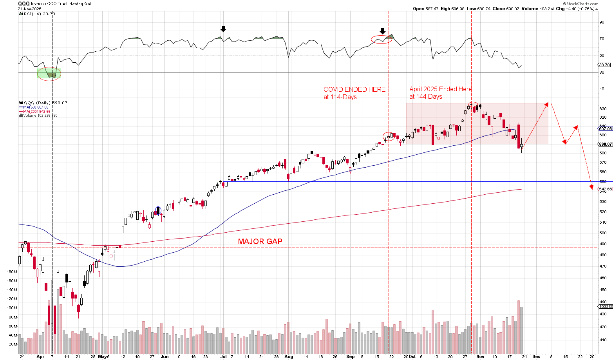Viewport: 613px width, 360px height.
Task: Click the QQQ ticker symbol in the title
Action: coord(24,4)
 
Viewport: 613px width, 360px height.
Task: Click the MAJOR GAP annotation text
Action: coord(260,242)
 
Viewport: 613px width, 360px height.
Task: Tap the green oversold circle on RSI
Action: coord(49,74)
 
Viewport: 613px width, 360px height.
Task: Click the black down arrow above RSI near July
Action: coord(223,29)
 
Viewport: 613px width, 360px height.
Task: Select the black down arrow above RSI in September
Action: coord(383,31)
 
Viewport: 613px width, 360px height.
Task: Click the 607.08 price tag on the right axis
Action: coord(606,128)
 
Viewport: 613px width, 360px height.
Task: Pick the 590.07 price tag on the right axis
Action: coord(606,144)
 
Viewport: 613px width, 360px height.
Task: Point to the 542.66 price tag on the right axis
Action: coord(606,189)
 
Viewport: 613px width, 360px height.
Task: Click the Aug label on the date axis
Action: coord(289,357)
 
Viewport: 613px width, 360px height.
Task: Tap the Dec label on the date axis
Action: coord(536,357)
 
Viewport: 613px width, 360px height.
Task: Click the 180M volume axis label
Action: coord(12,272)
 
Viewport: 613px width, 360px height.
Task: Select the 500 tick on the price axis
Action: coord(603,233)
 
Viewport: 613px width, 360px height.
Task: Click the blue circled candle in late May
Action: coord(158,211)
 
